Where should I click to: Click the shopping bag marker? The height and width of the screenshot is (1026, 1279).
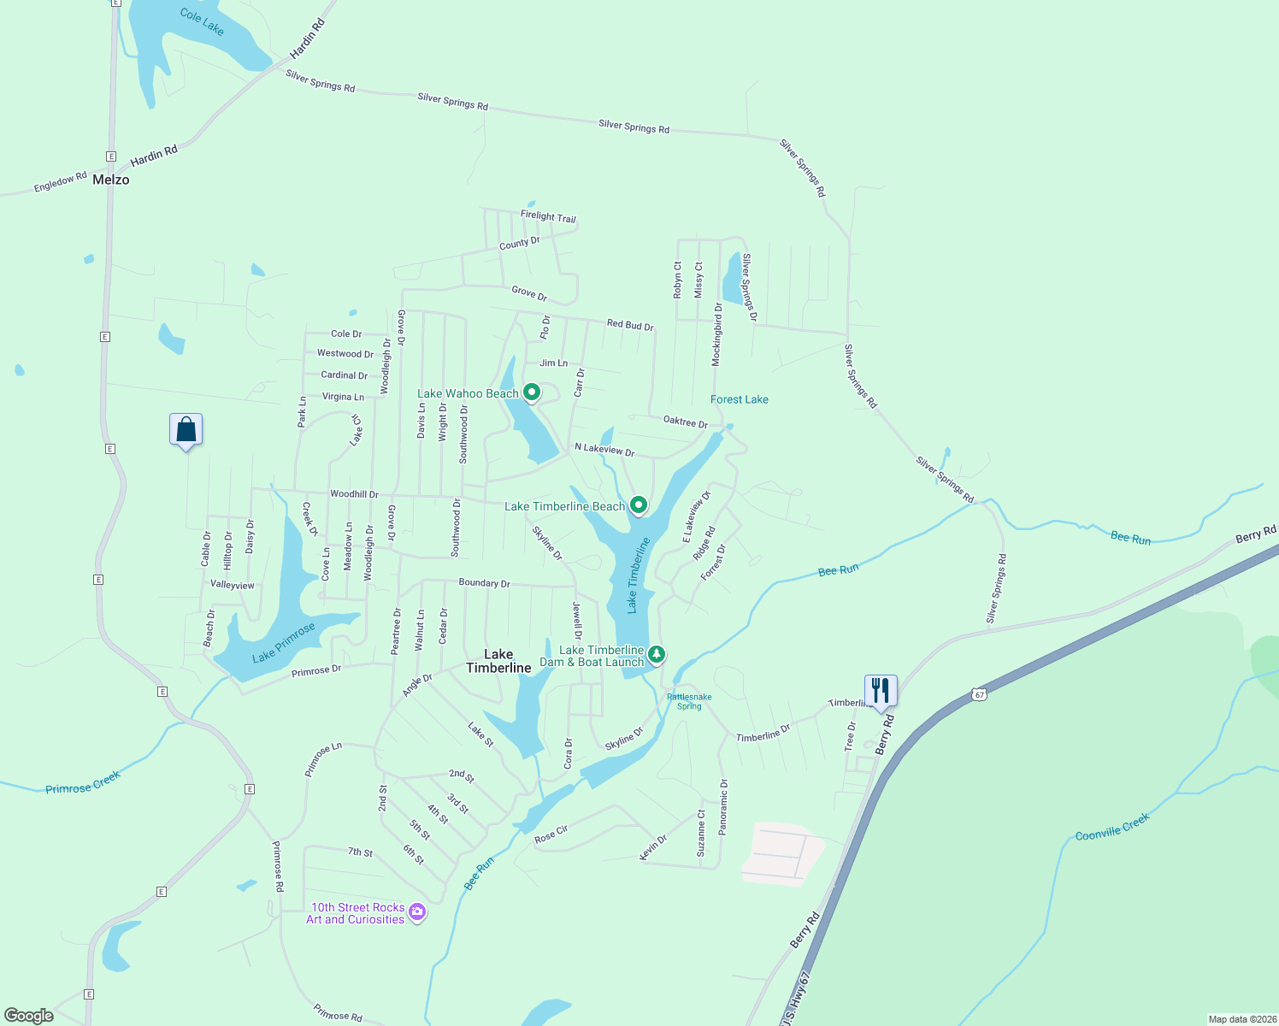(x=186, y=429)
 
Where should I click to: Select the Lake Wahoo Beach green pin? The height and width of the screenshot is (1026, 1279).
(x=532, y=392)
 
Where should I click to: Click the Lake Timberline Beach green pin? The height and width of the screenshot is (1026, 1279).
(x=638, y=505)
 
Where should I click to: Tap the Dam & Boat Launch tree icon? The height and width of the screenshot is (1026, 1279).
(x=656, y=655)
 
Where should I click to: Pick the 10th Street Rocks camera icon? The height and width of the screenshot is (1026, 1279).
(x=417, y=912)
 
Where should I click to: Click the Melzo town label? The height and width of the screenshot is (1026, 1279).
(x=111, y=180)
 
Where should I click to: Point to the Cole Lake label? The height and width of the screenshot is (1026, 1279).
(x=202, y=22)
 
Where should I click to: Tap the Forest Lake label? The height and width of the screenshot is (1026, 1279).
(x=740, y=399)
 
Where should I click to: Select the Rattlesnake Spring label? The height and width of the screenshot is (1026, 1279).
(x=689, y=701)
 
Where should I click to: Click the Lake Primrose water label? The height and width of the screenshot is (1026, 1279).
(x=284, y=642)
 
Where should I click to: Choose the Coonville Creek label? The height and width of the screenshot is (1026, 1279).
(x=1112, y=826)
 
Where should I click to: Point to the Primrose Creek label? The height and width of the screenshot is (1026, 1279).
(x=83, y=782)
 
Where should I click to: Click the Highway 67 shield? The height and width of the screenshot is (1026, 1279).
(x=980, y=694)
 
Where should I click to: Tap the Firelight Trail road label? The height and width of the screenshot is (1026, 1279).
(x=548, y=216)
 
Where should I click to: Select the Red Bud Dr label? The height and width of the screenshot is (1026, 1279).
(x=630, y=325)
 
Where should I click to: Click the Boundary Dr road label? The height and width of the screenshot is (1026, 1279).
(x=484, y=583)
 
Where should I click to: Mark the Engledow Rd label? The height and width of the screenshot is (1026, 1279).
(x=60, y=182)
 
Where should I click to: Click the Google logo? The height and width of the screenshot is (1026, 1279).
(x=29, y=1015)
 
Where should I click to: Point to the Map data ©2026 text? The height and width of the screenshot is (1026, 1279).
(x=1241, y=1019)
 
